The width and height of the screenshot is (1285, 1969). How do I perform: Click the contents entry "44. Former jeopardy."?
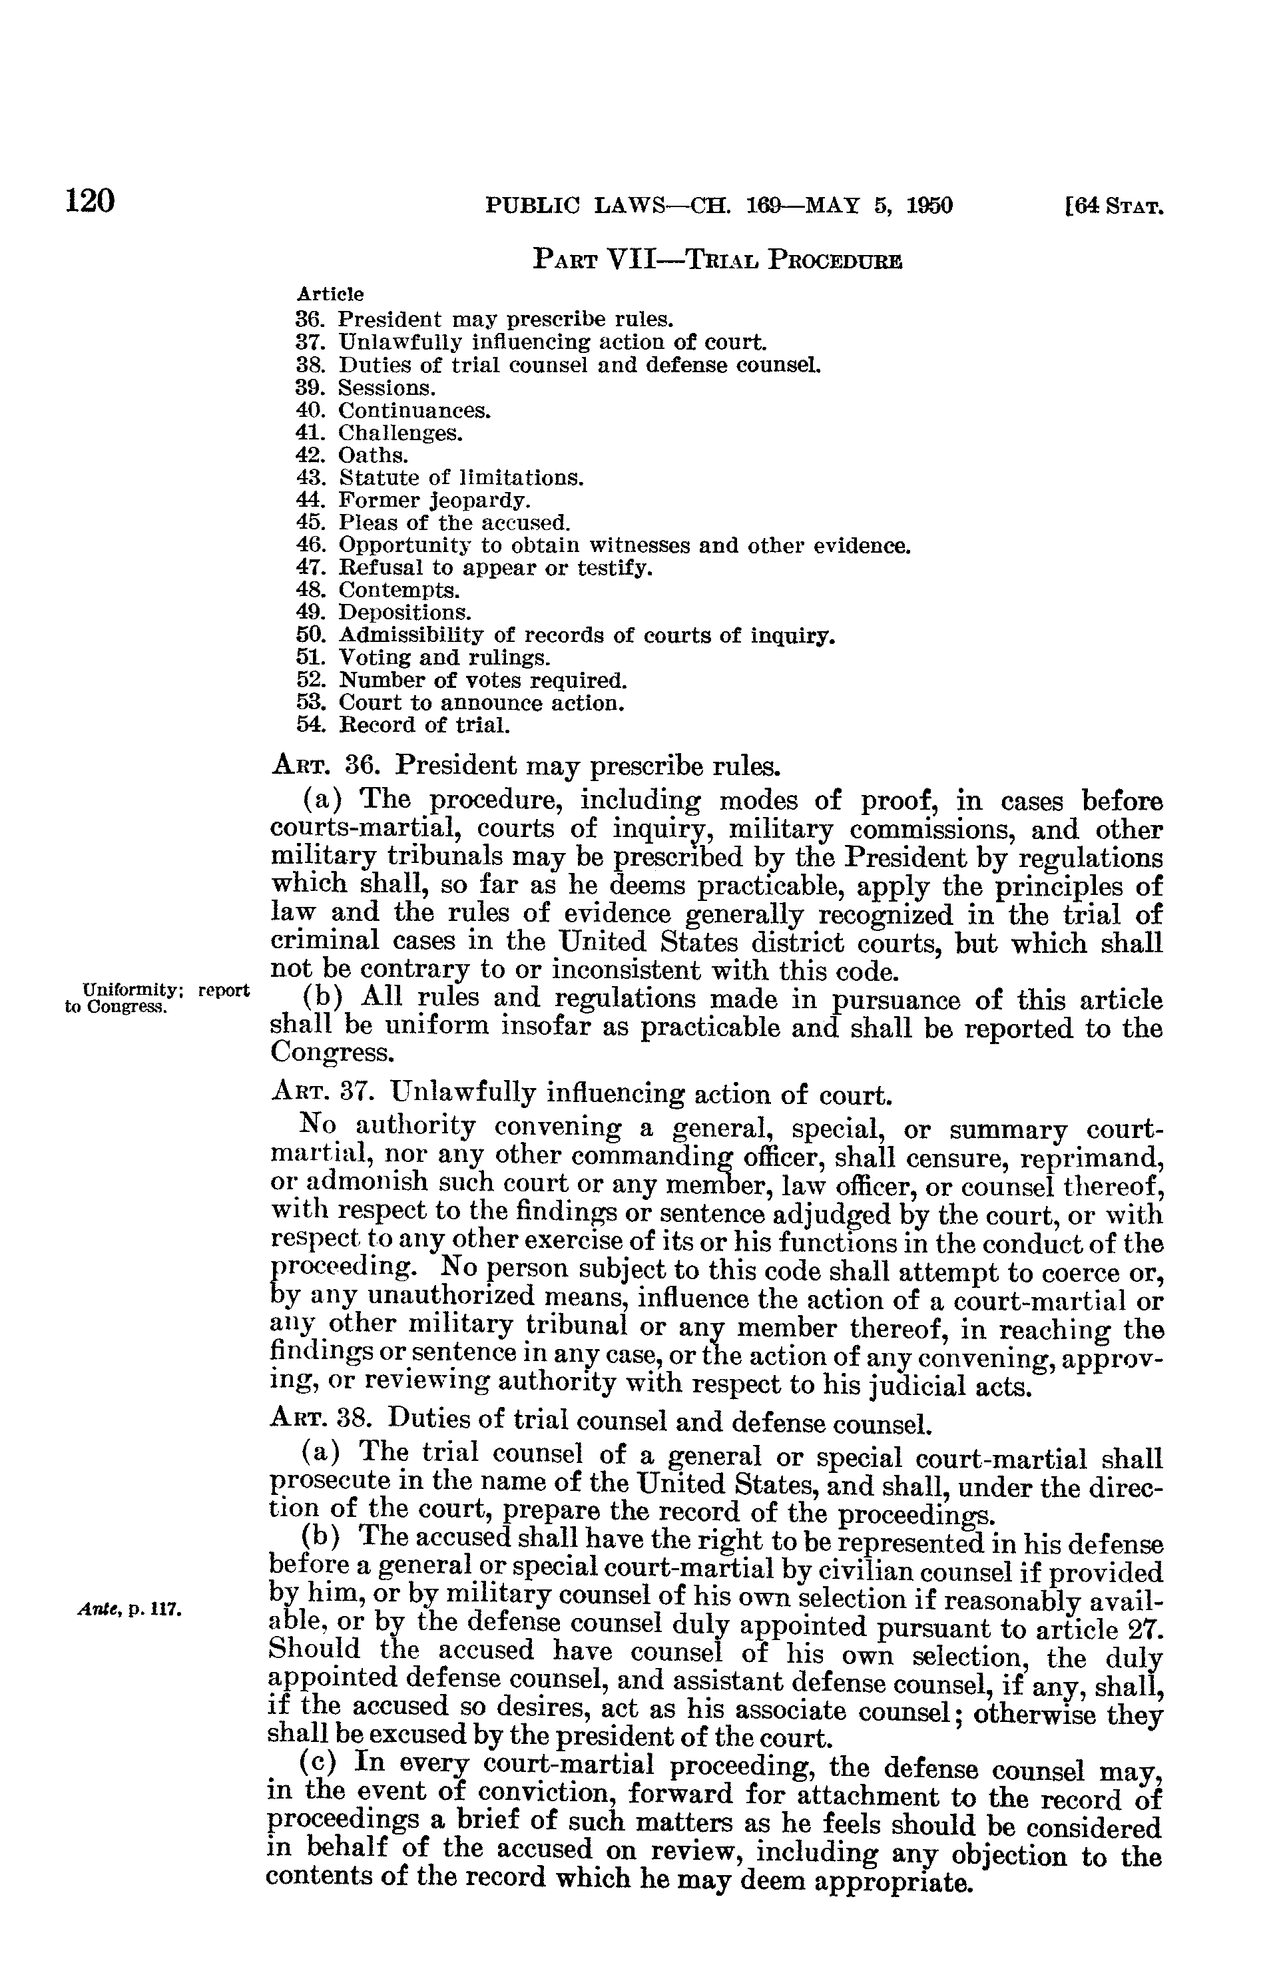tap(412, 501)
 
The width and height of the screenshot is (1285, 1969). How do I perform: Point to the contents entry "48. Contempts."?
tap(376, 591)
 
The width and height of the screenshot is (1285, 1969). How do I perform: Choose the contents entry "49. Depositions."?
tap(383, 613)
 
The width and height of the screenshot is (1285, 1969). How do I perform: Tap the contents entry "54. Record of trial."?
tap(402, 726)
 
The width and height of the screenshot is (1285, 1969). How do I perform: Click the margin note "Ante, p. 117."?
tap(129, 1610)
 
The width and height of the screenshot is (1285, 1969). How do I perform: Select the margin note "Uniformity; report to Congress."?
tap(156, 997)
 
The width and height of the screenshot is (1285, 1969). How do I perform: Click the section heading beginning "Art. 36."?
tap(525, 765)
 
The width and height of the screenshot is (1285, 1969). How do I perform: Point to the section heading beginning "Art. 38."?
tap(601, 1423)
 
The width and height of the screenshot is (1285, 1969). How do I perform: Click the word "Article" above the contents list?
tap(330, 294)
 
